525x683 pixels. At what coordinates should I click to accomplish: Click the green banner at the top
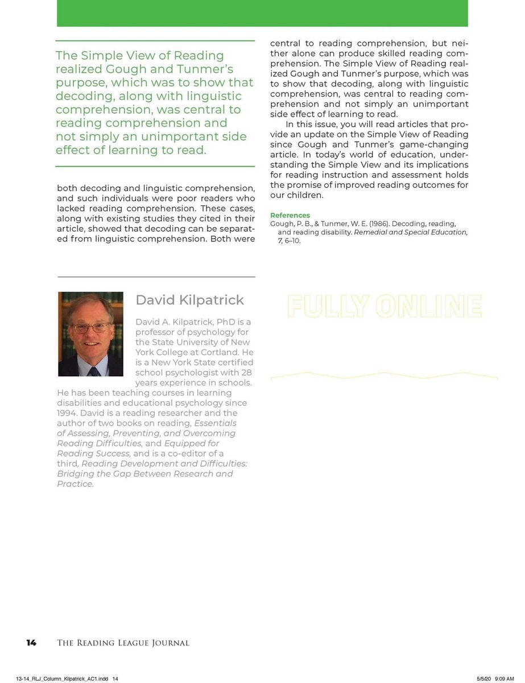(x=262, y=13)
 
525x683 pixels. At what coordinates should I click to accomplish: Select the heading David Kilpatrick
(x=189, y=300)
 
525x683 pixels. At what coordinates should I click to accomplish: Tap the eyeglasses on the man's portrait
(x=91, y=328)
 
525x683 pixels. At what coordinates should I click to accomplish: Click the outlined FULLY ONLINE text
(x=385, y=306)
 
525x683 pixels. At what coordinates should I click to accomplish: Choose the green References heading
(x=290, y=215)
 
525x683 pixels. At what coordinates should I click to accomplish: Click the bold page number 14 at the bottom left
(x=31, y=643)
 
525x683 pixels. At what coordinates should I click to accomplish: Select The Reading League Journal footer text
(x=123, y=643)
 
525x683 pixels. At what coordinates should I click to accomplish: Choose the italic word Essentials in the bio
(x=215, y=423)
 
